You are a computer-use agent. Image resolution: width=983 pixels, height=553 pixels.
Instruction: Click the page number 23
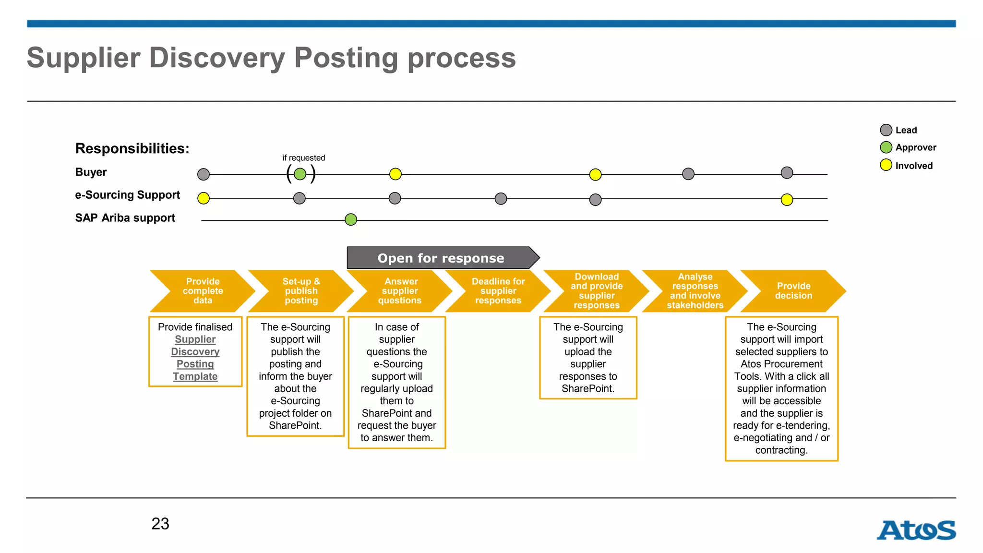click(x=160, y=524)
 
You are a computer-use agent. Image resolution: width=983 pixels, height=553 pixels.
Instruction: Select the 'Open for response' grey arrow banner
click(x=441, y=258)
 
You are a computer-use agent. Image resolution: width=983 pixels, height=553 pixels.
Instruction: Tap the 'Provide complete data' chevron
click(x=203, y=291)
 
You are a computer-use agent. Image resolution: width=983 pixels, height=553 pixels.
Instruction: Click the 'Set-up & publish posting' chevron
click(x=301, y=291)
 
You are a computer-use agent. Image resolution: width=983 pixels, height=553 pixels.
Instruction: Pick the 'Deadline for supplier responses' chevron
click(x=498, y=291)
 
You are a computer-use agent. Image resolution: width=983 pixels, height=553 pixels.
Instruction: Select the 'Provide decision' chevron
click(x=793, y=291)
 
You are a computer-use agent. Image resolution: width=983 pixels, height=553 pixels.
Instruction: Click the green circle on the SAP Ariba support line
click(x=351, y=220)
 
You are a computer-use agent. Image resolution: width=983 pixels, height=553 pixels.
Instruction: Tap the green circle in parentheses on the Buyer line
click(x=300, y=174)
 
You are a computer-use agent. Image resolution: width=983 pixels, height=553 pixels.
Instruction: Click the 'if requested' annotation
click(x=303, y=158)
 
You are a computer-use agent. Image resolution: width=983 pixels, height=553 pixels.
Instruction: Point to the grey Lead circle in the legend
click(x=886, y=130)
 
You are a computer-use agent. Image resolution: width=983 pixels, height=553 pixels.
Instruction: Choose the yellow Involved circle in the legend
click(x=886, y=165)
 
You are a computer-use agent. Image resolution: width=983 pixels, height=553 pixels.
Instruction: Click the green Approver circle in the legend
click(x=886, y=147)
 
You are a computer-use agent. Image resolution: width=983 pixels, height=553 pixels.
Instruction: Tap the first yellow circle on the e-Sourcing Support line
click(x=204, y=198)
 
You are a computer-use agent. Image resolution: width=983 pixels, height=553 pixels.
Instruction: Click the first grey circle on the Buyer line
click(x=204, y=174)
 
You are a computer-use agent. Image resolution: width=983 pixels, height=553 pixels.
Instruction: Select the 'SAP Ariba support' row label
click(x=125, y=218)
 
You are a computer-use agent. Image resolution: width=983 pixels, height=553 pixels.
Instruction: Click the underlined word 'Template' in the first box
click(x=195, y=376)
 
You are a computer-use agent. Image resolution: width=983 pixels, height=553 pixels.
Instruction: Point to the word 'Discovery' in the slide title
click(x=217, y=58)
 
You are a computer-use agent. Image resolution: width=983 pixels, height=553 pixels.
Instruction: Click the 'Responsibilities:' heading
click(x=132, y=148)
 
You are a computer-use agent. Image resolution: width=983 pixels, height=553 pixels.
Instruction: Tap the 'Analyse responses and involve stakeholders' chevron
click(x=695, y=291)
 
